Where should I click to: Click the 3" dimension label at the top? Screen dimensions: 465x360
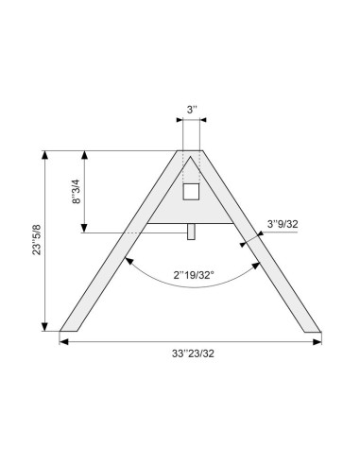(191, 111)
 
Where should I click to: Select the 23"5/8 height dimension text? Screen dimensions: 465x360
(35, 241)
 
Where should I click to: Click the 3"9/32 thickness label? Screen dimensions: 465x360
(283, 224)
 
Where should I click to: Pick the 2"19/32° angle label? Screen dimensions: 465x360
(193, 275)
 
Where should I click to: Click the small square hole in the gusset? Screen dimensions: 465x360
(191, 192)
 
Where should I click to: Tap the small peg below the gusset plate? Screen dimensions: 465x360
(191, 230)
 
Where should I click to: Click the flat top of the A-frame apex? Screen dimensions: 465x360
(191, 150)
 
